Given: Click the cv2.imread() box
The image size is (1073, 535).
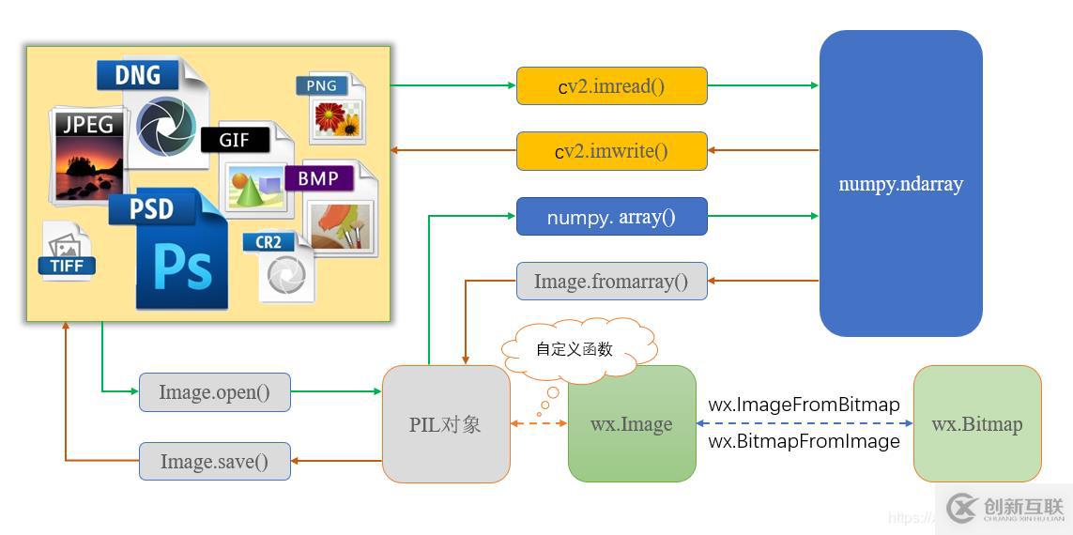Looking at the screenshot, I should (611, 85).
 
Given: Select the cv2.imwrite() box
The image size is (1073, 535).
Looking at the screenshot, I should (611, 151).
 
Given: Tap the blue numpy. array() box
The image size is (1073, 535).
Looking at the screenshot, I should (611, 217).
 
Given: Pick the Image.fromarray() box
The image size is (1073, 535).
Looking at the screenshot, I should (611, 281).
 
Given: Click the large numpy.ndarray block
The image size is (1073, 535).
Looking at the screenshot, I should (900, 184).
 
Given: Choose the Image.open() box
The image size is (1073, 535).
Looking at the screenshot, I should (214, 392).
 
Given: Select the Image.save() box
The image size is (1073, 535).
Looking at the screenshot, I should (214, 461).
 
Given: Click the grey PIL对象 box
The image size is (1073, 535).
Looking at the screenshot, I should (446, 424).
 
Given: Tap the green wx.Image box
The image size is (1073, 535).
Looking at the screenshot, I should (632, 424).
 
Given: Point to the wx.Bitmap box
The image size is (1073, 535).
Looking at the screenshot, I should (976, 424).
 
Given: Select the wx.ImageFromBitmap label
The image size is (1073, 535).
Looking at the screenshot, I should (804, 405).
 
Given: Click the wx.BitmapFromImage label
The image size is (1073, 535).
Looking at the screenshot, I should (804, 441).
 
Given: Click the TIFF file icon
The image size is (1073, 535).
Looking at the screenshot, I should (68, 252).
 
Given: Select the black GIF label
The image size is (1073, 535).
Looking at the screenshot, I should (235, 140).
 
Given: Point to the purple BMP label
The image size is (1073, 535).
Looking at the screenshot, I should (318, 177).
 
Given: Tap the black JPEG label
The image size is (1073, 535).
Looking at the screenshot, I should (87, 124).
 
